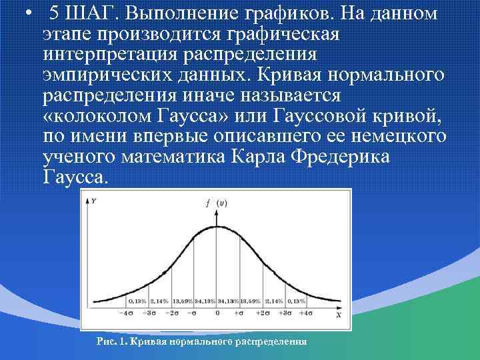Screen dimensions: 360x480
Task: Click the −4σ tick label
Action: click(125, 313)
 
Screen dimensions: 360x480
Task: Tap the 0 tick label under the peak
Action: click(217, 313)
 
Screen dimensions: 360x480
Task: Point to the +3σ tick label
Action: click(285, 313)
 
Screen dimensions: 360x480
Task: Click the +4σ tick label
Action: click(308, 313)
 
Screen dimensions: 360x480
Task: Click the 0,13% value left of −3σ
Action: click(137, 301)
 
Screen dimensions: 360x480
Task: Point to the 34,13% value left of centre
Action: click(205, 301)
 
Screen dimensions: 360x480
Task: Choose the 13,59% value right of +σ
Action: click(251, 301)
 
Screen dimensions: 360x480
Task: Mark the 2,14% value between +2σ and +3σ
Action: click(275, 301)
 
